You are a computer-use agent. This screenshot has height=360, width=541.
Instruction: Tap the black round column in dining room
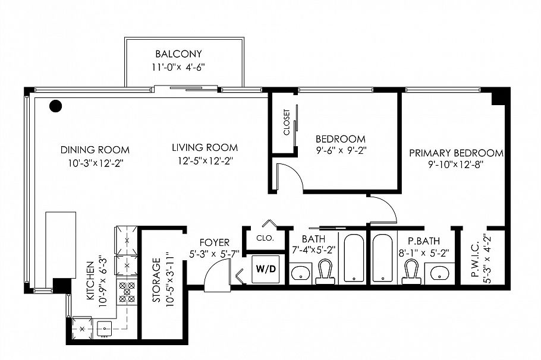(55, 106)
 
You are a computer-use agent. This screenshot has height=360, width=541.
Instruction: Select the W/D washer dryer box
(266, 269)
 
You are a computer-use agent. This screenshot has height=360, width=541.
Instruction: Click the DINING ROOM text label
(95, 150)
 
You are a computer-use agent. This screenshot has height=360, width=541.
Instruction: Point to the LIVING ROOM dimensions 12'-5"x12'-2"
(205, 161)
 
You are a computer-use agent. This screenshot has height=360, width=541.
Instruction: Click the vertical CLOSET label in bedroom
(287, 122)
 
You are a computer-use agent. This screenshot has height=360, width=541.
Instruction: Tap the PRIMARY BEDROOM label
(455, 153)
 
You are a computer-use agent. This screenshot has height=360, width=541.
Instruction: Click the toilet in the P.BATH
(408, 272)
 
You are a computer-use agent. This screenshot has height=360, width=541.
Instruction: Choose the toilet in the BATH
(325, 272)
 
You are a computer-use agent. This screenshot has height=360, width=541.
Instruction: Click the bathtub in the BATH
(354, 258)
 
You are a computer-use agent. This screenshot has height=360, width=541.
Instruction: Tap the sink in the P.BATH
(439, 273)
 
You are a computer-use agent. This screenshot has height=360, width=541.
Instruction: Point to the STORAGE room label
(157, 280)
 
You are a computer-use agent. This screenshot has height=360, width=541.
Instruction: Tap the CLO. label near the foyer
(265, 238)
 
